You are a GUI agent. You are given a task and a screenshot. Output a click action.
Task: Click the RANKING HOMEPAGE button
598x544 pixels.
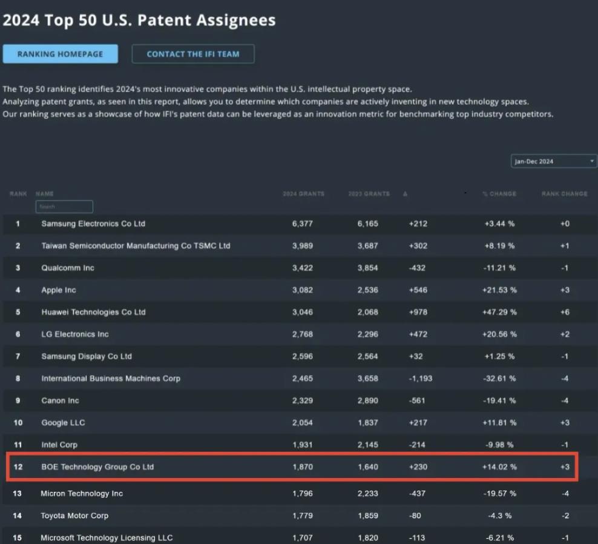coord(60,54)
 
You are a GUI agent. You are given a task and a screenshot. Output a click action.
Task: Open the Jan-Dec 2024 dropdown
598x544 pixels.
coord(554,161)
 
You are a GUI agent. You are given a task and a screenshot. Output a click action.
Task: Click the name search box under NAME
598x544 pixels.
coord(64,207)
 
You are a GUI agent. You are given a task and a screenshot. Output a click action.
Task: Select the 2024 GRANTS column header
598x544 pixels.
coord(303,194)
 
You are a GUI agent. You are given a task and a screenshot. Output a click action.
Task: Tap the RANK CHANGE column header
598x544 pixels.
coord(564,194)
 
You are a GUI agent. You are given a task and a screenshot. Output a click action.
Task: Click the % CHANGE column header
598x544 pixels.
coord(499,194)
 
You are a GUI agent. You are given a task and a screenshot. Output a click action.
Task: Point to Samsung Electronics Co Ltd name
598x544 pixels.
coord(93,224)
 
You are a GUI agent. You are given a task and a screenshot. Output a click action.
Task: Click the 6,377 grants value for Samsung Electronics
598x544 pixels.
coord(303,224)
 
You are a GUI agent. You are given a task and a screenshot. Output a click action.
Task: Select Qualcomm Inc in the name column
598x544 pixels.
coord(68,268)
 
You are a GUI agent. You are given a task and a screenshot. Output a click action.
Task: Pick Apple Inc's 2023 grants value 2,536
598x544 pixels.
coord(367,290)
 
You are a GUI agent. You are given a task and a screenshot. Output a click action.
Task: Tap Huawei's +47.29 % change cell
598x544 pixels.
coord(501,312)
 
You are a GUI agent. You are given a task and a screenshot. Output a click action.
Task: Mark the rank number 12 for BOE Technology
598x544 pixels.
coord(18,467)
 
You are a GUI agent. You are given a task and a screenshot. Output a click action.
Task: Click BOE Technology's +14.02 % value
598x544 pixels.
coord(501,467)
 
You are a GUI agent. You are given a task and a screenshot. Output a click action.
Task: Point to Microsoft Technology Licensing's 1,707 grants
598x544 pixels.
coord(303,538)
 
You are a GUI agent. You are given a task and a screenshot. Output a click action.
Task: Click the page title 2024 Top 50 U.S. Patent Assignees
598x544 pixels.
coord(139,20)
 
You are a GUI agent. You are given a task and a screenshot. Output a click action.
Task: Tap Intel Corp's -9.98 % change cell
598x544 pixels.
coord(501,445)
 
